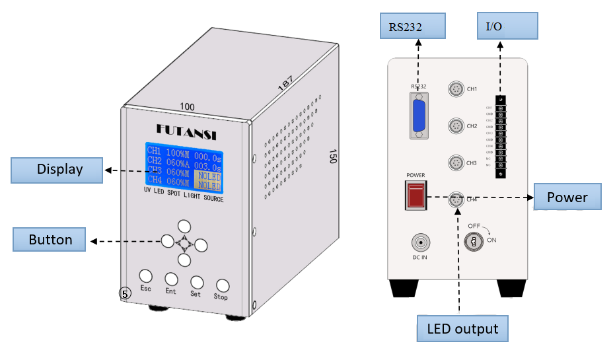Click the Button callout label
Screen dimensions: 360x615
pos(50,239)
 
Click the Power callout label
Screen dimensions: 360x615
pos(567,198)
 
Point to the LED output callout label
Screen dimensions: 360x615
pos(462,328)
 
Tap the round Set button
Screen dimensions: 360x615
pos(196,282)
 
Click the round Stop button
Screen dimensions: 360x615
pos(223,285)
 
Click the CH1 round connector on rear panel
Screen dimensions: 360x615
pos(455,89)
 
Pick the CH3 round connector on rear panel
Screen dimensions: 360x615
pos(455,162)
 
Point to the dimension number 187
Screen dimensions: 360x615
pos(285,83)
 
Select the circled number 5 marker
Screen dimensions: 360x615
pos(126,293)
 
